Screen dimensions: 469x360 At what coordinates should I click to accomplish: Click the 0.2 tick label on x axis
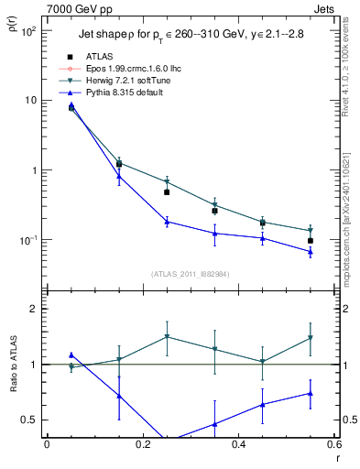[x=142, y=445]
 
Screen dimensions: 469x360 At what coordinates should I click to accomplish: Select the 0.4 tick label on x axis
[x=238, y=445]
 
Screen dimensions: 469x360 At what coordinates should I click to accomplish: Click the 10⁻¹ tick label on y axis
[x=28, y=240]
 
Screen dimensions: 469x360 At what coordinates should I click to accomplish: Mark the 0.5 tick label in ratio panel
[x=30, y=420]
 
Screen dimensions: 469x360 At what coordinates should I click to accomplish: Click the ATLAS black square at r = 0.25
[x=167, y=192]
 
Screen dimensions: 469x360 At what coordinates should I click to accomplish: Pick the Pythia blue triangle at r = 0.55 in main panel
[x=311, y=252]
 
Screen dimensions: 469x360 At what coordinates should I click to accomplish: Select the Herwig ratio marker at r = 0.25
[x=167, y=337]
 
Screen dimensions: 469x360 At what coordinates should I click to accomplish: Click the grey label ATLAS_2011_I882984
[x=190, y=274]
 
